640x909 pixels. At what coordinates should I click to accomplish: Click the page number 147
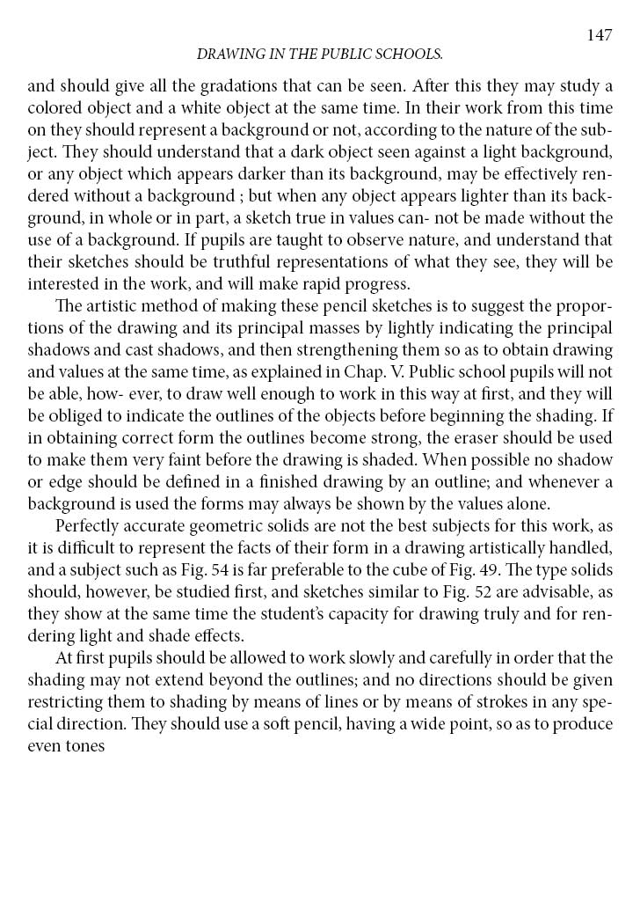point(599,35)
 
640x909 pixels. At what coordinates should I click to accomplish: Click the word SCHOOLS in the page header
point(404,55)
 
